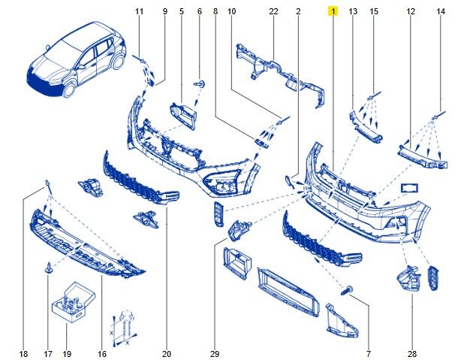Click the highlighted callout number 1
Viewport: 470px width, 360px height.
[333, 11]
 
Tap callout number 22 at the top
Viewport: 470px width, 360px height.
[273, 11]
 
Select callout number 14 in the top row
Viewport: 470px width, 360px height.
[441, 11]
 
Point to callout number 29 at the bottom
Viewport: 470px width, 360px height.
[215, 354]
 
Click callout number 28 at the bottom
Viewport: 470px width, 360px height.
[412, 354]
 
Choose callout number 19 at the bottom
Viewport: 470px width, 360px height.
[67, 354]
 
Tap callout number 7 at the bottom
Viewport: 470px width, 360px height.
[369, 354]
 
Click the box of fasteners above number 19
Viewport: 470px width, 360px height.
[74, 302]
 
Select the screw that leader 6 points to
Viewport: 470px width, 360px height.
[200, 83]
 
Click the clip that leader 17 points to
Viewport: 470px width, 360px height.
[48, 268]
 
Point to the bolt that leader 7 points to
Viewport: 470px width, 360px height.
[347, 290]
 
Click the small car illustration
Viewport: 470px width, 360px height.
[77, 59]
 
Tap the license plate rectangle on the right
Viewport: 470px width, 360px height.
[409, 189]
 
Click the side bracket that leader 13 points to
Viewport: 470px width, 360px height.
[365, 127]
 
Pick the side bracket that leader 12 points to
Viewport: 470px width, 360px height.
[423, 156]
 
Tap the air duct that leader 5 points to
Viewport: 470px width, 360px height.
[183, 116]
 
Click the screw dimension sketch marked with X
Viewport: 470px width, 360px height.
[124, 328]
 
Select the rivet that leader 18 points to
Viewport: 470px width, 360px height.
[47, 183]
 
